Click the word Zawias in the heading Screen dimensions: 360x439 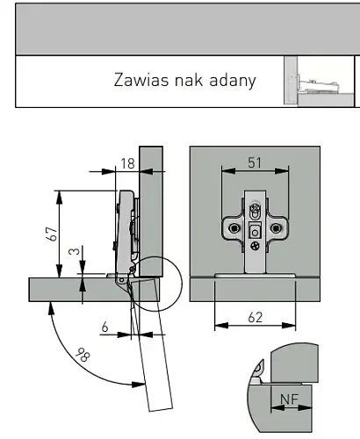(x=141, y=80)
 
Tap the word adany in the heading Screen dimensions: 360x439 (x=233, y=81)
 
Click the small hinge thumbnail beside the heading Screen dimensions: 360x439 (x=319, y=81)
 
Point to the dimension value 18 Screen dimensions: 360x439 (x=127, y=163)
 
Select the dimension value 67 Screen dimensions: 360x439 (x=52, y=234)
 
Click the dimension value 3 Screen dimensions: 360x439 (x=75, y=251)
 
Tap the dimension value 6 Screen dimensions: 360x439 (x=104, y=327)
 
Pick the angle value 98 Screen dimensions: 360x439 (x=83, y=355)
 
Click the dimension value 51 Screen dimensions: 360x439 (x=255, y=162)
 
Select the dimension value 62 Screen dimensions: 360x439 (x=256, y=318)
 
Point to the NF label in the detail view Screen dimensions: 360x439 (x=289, y=399)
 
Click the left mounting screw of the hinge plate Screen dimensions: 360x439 (x=234, y=228)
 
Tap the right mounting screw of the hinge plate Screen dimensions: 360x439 (x=276, y=228)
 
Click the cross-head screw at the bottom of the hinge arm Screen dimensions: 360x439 (x=255, y=246)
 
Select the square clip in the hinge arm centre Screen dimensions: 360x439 (x=255, y=231)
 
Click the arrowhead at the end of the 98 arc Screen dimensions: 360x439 (x=138, y=385)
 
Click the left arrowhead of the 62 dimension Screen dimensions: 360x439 (x=221, y=325)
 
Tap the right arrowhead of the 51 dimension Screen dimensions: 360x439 (x=282, y=170)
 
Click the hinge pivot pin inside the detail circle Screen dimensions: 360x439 (x=133, y=269)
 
